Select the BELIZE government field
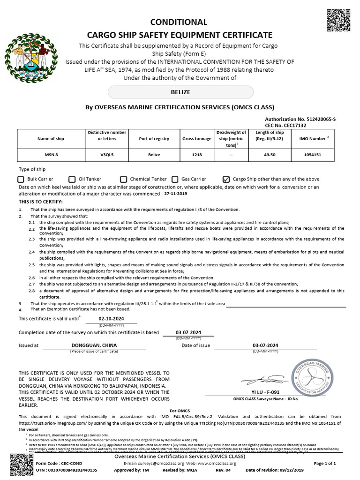180,92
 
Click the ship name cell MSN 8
51,155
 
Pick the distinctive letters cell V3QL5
107,155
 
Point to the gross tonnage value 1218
196,155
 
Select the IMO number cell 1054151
312,155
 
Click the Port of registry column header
154,139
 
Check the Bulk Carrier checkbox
21,179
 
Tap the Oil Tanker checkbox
72,179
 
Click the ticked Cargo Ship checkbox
226,179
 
